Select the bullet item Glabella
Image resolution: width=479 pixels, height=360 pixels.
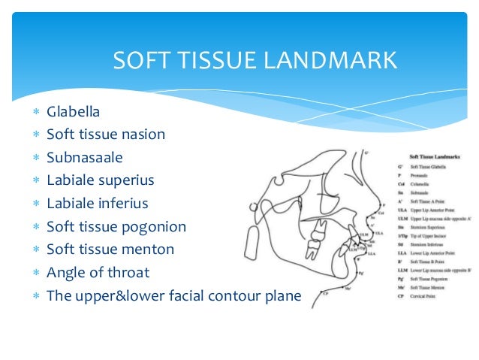73,112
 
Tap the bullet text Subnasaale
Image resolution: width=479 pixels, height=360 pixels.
85,158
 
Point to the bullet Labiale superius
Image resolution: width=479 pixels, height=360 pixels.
100,180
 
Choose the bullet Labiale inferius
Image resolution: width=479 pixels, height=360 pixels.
98,204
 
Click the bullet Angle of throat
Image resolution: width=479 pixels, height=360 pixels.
98,273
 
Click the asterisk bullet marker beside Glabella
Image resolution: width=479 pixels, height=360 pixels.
35,113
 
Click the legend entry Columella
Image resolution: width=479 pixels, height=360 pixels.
420,184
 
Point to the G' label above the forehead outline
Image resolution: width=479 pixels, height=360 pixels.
366,153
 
